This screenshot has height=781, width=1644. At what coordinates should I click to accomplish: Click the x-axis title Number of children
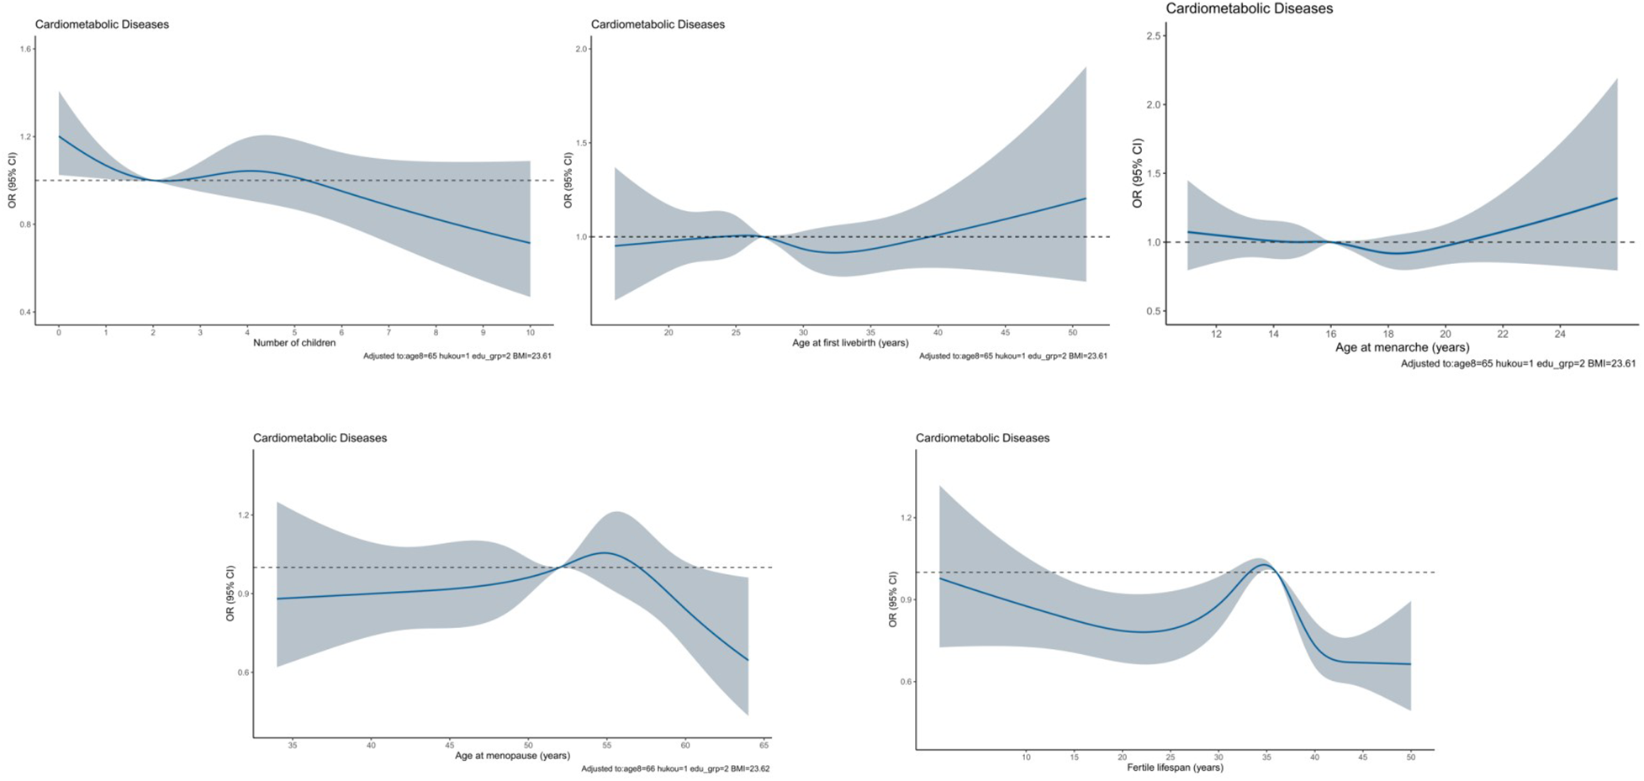tap(294, 343)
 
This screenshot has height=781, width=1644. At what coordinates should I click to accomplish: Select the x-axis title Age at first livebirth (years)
tap(850, 343)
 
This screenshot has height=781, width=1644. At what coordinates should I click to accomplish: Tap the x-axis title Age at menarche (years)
tap(1402, 347)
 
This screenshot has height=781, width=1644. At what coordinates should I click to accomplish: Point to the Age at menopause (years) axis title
tap(512, 756)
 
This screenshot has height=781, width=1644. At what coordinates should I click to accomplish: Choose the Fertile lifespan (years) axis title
tap(1175, 768)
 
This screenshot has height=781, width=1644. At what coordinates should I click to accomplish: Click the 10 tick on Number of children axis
tap(530, 333)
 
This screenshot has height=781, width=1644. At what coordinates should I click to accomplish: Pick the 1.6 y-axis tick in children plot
tap(26, 49)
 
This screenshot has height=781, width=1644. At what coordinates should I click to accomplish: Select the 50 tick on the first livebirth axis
tap(1072, 333)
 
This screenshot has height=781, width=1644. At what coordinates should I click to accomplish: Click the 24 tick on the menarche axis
tap(1560, 335)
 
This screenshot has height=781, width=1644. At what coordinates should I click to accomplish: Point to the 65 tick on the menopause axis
tap(764, 746)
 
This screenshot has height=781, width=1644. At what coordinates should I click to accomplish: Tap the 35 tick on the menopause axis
tap(293, 746)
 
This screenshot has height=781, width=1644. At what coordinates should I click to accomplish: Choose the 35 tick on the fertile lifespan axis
tap(1266, 757)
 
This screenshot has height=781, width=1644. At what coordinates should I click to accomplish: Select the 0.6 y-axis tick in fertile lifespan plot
tap(907, 682)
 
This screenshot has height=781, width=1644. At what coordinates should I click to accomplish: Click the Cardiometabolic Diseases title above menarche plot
tap(1249, 8)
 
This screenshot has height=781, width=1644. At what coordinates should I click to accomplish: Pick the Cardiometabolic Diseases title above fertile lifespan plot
tap(982, 438)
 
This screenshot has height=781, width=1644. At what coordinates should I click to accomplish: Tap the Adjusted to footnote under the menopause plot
tap(675, 768)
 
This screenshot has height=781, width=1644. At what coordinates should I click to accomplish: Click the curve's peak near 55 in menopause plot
tap(604, 552)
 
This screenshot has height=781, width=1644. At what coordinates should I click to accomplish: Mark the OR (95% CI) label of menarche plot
tap(1137, 173)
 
